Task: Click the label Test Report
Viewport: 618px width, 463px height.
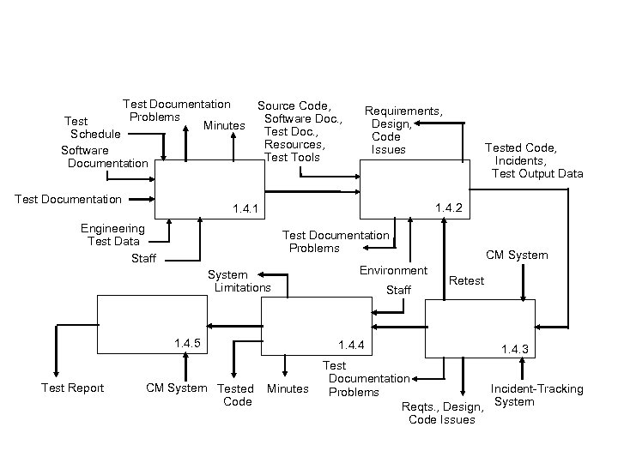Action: coord(73,388)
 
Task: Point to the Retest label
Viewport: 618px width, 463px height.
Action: coord(467,280)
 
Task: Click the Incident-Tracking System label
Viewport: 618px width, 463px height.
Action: coord(536,395)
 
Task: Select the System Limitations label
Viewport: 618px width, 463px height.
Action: coord(241,281)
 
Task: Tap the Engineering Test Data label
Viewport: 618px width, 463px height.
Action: coord(112,235)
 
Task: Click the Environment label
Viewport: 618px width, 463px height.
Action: coord(393,271)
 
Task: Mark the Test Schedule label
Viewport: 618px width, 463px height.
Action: coord(93,128)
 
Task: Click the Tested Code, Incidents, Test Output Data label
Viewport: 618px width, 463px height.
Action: coord(534,160)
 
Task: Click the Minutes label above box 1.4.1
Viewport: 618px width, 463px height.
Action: coord(224,126)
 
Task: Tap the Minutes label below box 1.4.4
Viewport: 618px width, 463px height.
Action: coord(288,388)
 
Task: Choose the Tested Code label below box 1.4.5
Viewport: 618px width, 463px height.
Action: coord(236,395)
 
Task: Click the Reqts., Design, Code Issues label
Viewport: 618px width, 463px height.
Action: coord(442,412)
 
